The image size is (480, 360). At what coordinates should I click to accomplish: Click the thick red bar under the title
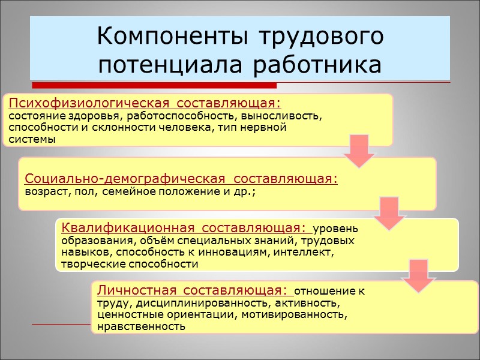pyautogui.click(x=154, y=85)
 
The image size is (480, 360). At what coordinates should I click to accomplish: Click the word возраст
pyautogui.click(x=46, y=192)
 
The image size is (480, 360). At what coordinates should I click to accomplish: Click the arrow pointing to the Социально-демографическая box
pyautogui.click(x=359, y=151)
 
